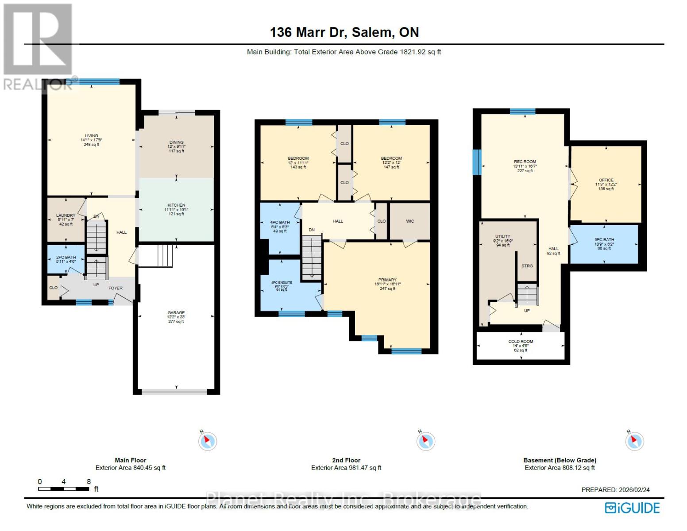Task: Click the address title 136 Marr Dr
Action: [344, 32]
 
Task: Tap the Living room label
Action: [92, 136]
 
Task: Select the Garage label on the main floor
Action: [176, 313]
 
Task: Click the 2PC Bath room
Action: [66, 259]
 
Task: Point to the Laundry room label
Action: [66, 215]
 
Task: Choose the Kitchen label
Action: [176, 205]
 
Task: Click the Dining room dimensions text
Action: [176, 147]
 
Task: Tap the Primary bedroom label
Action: [387, 280]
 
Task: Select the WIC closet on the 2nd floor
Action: [410, 221]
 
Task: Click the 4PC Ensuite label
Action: [282, 282]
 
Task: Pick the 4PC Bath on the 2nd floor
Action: [280, 227]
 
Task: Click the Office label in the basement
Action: [606, 180]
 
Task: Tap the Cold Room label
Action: [521, 342]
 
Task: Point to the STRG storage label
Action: [527, 266]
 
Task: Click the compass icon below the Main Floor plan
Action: [207, 441]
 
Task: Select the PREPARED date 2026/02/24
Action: [615, 490]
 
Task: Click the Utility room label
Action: [502, 237]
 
